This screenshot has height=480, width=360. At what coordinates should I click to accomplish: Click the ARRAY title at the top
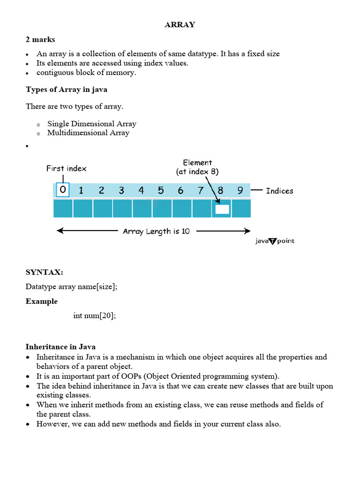(180, 25)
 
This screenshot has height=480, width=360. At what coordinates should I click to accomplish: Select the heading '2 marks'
(40, 39)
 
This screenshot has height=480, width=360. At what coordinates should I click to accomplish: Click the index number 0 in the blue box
(62, 190)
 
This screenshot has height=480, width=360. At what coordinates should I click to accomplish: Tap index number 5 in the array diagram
(161, 190)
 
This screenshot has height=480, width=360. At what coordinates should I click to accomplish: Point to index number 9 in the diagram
(240, 190)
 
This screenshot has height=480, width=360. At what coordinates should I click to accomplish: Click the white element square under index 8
(222, 209)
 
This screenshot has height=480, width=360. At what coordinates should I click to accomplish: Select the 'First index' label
(66, 168)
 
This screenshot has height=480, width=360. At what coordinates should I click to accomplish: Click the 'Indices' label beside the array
(279, 191)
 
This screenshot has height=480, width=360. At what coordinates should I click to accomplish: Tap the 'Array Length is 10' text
(156, 231)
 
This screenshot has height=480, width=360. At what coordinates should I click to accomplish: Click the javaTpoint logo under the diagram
(275, 241)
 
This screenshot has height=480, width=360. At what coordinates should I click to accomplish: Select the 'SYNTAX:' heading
(44, 272)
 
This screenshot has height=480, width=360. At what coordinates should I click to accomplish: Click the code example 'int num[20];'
(94, 315)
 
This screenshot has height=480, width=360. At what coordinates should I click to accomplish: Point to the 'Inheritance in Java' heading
(60, 347)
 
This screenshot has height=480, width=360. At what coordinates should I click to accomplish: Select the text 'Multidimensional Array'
(88, 133)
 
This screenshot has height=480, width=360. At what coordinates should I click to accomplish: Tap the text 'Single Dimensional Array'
(91, 124)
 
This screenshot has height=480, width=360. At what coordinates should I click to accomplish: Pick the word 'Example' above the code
(42, 301)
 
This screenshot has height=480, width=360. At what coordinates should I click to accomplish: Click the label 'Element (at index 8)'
(197, 167)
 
